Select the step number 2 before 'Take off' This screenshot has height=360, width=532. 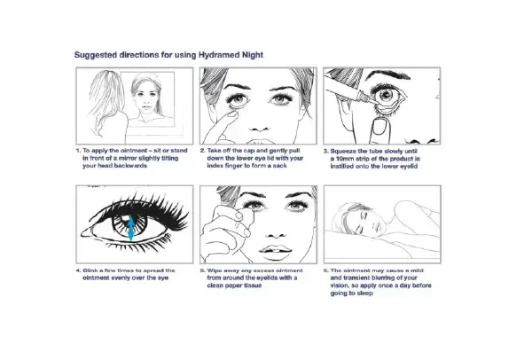[202, 151]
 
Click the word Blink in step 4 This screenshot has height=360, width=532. [90, 270]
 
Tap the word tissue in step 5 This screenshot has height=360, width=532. [252, 286]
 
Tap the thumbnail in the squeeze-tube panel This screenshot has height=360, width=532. [379, 126]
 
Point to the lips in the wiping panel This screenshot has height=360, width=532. [275, 250]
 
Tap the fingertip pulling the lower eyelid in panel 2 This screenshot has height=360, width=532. [231, 115]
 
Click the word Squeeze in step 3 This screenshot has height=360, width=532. [343, 151]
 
